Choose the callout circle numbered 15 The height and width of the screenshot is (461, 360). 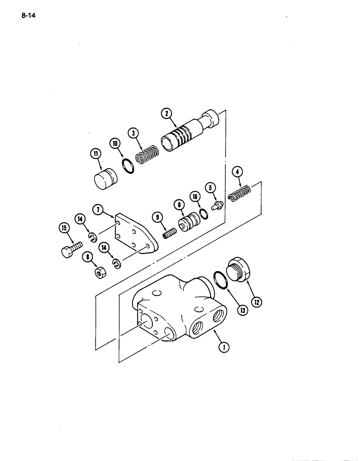click(63, 227)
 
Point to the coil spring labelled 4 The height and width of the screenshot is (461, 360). click(241, 192)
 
